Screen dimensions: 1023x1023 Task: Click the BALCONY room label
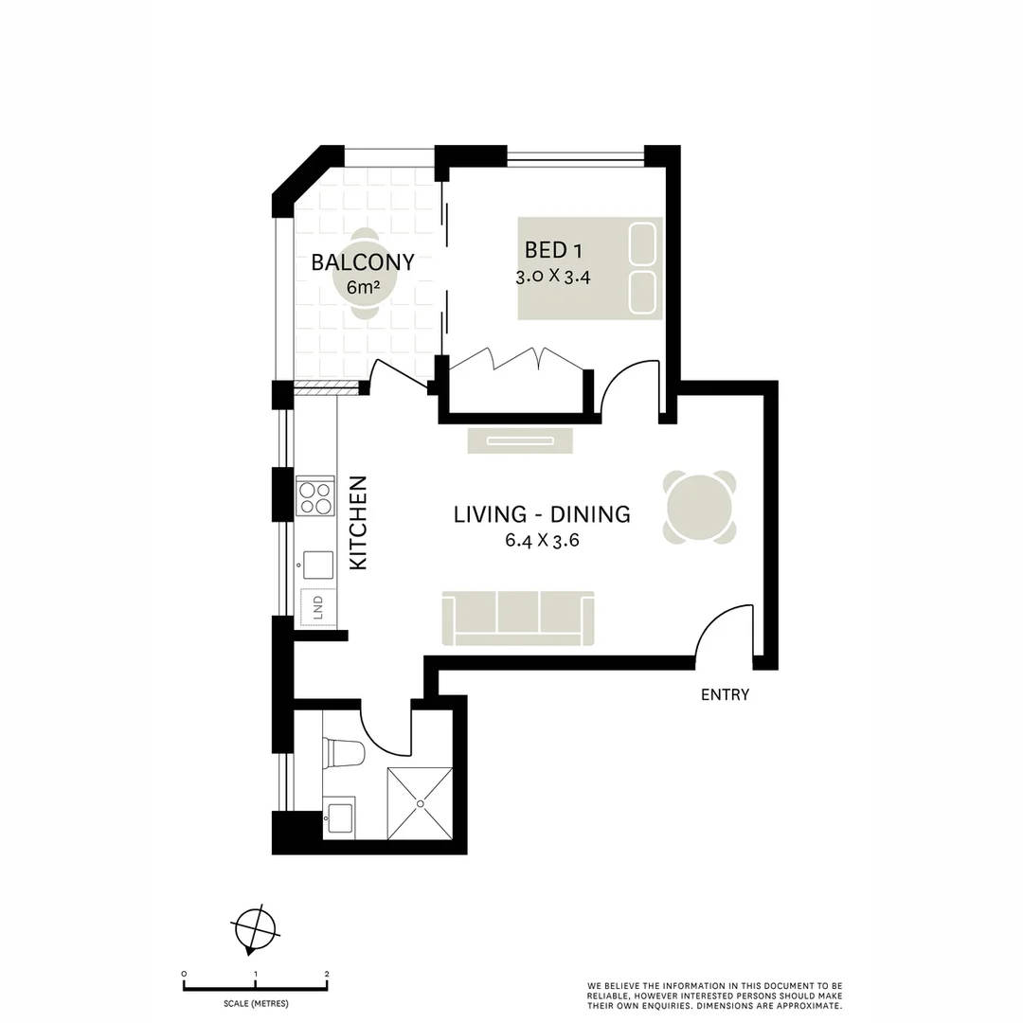point(363,262)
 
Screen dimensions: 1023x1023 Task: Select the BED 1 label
point(553,250)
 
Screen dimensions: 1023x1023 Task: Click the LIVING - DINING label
point(542,514)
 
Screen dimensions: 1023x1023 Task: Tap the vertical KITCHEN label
point(359,535)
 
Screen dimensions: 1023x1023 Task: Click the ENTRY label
point(725,695)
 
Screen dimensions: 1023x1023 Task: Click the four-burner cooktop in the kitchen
point(315,495)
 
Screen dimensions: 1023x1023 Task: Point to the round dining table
point(700,507)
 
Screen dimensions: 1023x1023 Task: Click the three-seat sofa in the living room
point(518,618)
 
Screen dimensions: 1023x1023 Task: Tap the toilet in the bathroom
point(344,753)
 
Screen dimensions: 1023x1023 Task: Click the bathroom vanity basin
point(340,817)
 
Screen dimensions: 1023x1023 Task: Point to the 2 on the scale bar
point(327,974)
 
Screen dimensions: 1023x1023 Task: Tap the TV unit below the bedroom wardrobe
point(520,440)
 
